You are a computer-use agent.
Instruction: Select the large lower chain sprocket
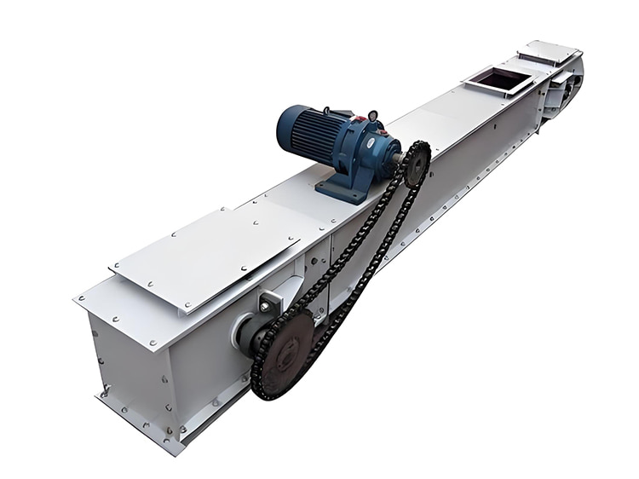285,352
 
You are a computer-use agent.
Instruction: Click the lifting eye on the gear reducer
372,116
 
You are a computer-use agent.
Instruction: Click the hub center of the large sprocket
286,350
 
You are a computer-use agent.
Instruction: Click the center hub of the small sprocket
417,164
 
